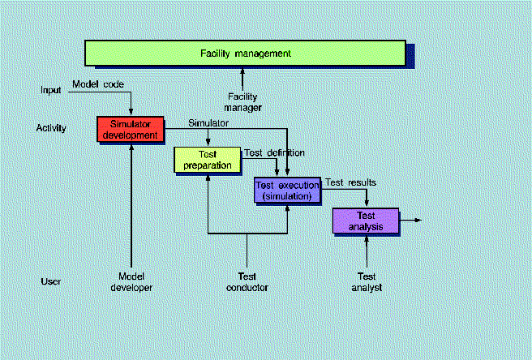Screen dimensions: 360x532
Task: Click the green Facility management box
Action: (x=245, y=54)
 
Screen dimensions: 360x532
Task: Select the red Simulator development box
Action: (x=131, y=129)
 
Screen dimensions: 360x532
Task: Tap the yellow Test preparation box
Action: (x=208, y=159)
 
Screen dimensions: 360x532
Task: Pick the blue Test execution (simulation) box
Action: (x=288, y=190)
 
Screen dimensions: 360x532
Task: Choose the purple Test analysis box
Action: (x=366, y=221)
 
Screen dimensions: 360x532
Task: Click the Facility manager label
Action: (x=244, y=101)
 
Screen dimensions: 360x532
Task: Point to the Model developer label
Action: (x=131, y=281)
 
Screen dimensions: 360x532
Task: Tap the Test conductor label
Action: (x=247, y=281)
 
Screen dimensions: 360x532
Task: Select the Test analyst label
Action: (x=367, y=281)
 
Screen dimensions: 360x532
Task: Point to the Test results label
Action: (x=351, y=182)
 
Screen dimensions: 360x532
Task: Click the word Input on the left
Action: (x=51, y=89)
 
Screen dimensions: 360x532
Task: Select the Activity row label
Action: (x=51, y=128)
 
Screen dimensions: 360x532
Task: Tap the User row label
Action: (x=51, y=281)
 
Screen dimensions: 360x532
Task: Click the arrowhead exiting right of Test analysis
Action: (x=418, y=220)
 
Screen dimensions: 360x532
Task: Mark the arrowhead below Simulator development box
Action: (x=131, y=146)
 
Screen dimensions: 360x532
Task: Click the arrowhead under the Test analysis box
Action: (x=367, y=238)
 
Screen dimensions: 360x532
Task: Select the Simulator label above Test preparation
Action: (x=208, y=123)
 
